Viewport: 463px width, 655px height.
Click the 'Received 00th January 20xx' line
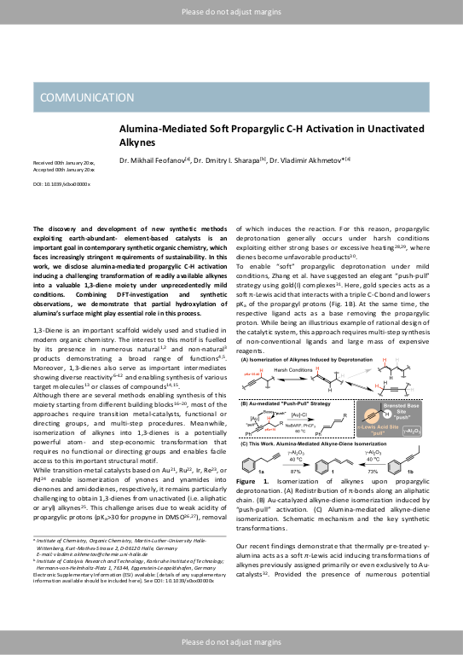(64, 160)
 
